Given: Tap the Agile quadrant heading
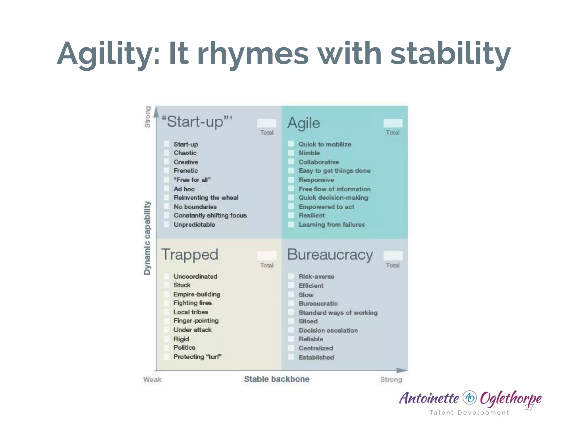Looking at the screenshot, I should [x=304, y=123].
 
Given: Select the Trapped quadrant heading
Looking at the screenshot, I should [x=190, y=255].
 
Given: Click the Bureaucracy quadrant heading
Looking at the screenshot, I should [x=330, y=255].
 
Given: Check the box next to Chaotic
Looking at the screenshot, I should [x=166, y=153].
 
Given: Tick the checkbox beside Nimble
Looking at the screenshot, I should [x=291, y=153].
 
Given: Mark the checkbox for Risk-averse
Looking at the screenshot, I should [x=291, y=276].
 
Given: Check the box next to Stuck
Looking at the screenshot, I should [x=166, y=285].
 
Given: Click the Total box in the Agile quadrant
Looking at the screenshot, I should [x=393, y=123].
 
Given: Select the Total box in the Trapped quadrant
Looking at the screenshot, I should [x=267, y=255].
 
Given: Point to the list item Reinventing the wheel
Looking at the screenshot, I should [x=206, y=198].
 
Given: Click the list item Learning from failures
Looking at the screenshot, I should [x=331, y=225].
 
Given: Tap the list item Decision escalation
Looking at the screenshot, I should [x=328, y=330].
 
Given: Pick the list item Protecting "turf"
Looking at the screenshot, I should [x=197, y=357].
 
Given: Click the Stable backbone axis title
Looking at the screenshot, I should [x=277, y=379].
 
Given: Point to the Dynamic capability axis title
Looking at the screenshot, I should [x=147, y=238].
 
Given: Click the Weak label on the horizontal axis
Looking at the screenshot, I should [x=152, y=379].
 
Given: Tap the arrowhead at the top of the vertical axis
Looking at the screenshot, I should [x=156, y=112].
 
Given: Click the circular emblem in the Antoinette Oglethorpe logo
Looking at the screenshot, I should [x=470, y=397].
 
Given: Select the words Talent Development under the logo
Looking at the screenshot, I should [x=469, y=412].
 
